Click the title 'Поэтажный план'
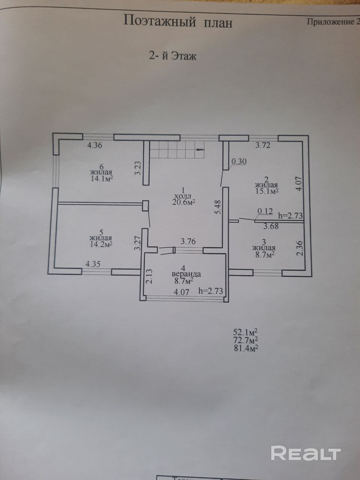pos(178,21)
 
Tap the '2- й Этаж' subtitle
pos(173,56)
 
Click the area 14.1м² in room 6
pos(101,179)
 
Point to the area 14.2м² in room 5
pos(101,244)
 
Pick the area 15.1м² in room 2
pos(266,191)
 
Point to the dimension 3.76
pos(188,242)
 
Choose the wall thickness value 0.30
pos(239,162)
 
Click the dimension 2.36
pos(299,248)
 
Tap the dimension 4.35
pos(93,264)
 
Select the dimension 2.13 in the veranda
pos(149,277)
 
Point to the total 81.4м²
pos(246,348)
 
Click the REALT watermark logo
pos(305,453)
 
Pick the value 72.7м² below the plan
pos(246,340)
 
